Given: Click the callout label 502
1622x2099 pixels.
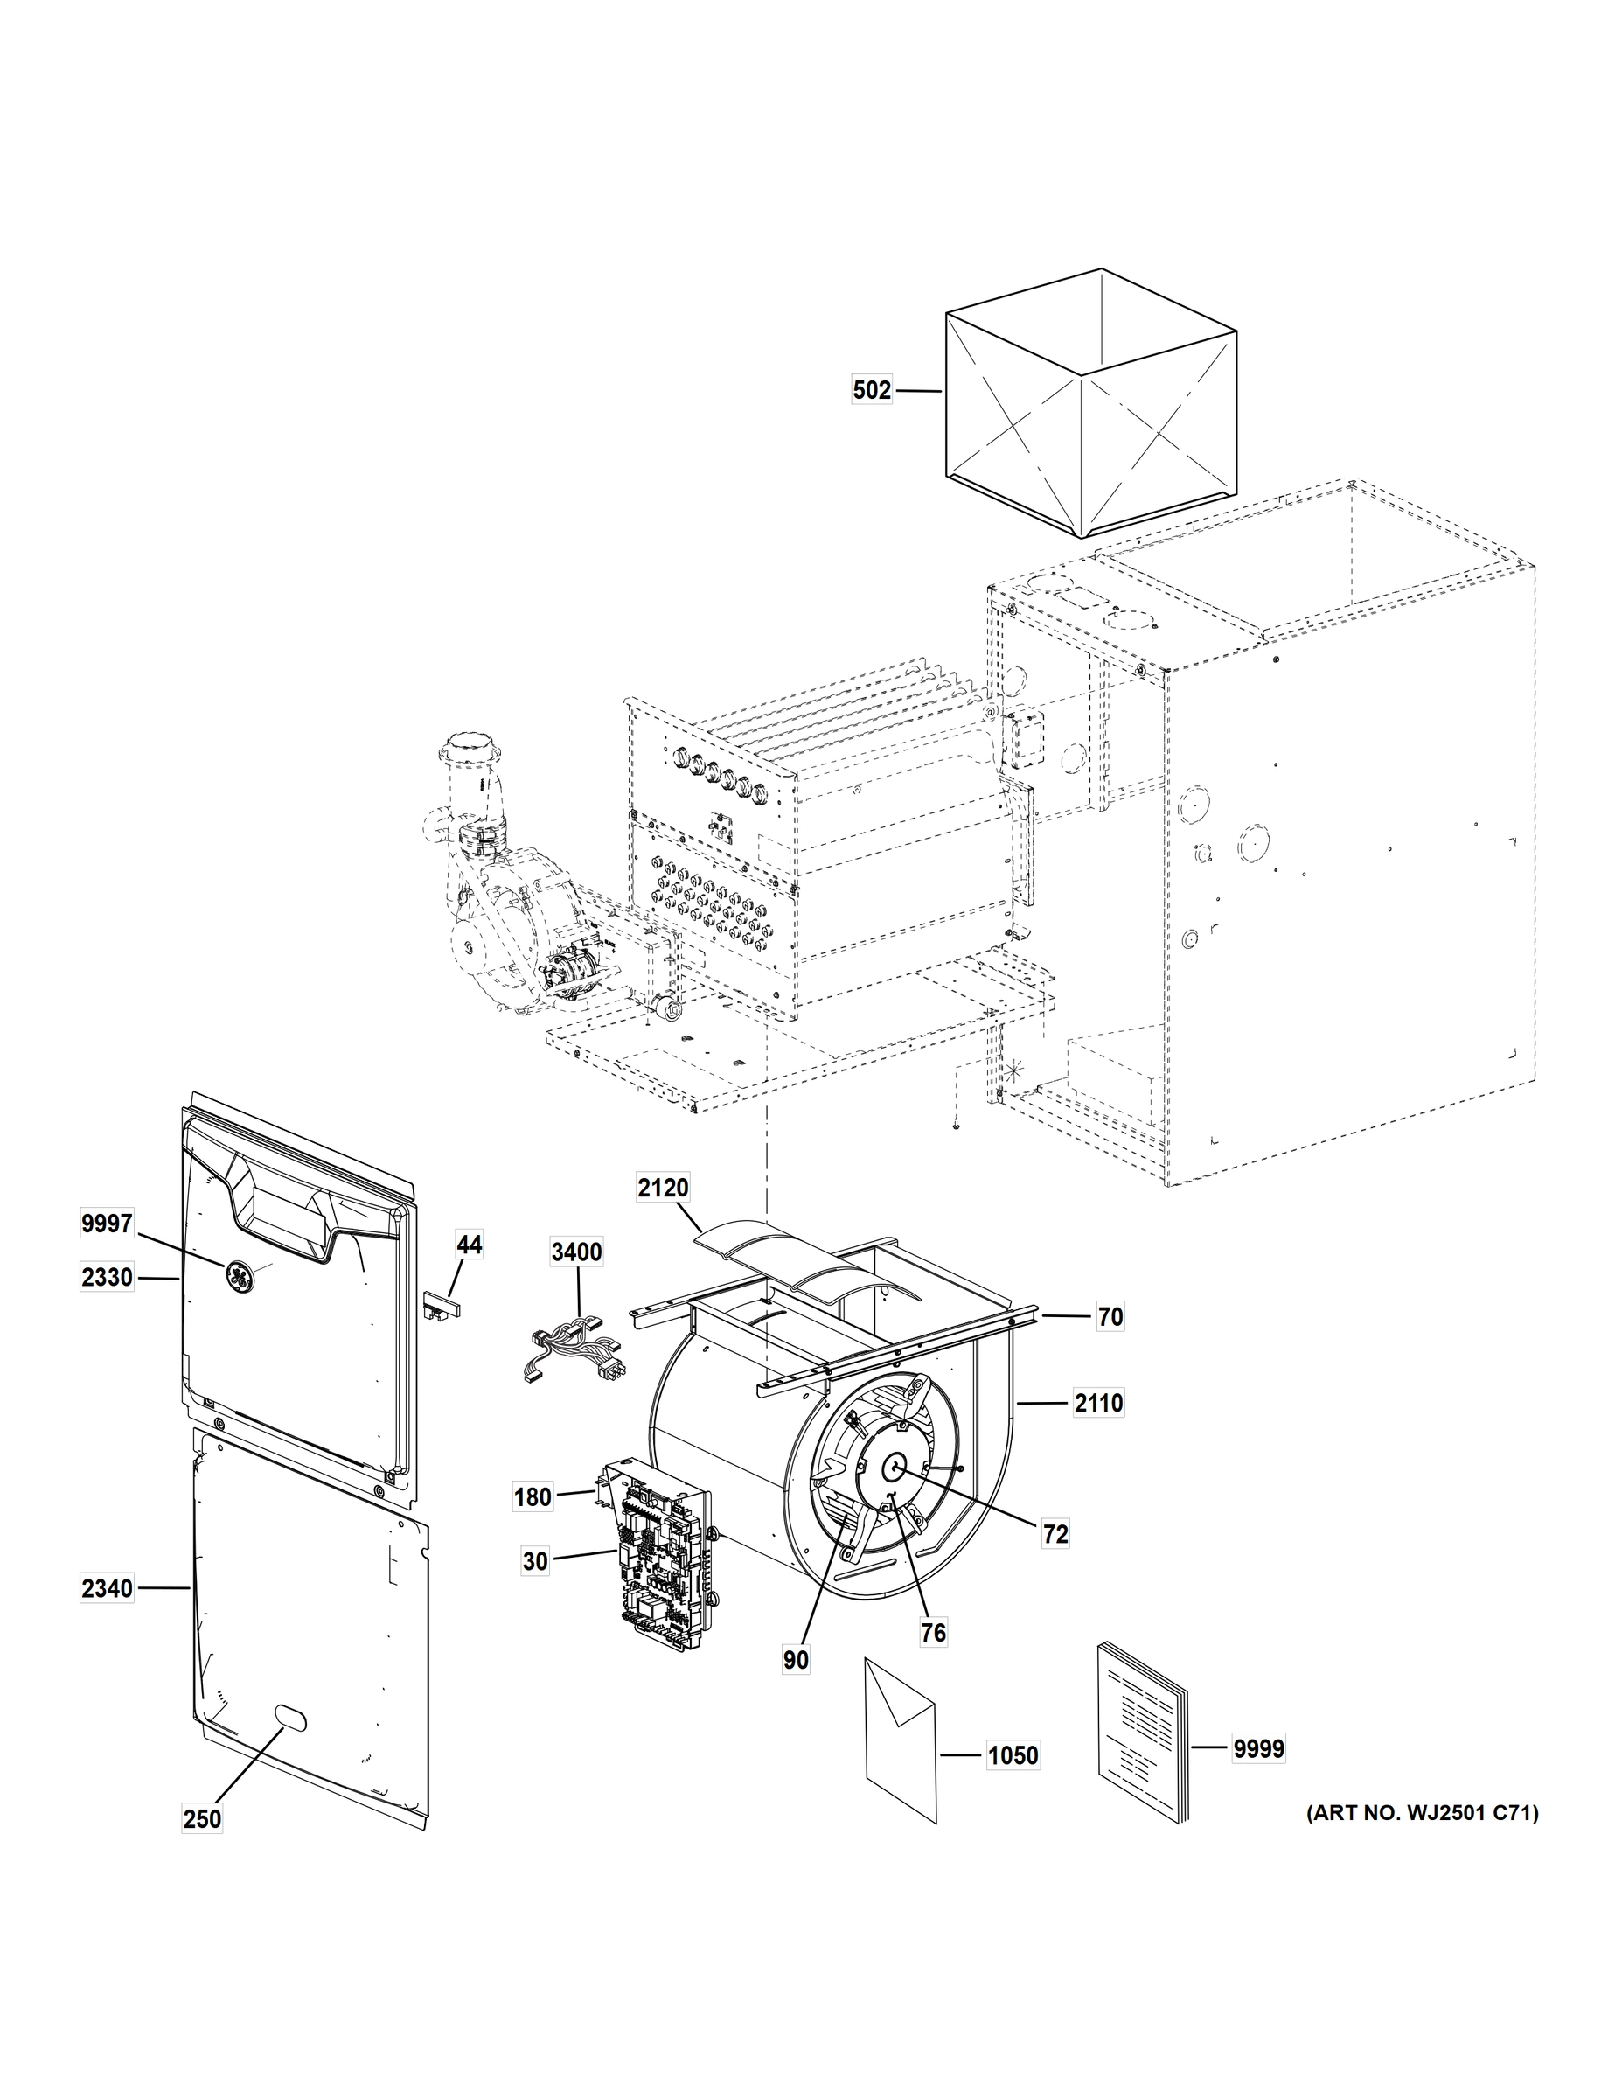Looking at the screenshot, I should point(872,390).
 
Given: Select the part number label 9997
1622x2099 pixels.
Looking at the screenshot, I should point(107,1224).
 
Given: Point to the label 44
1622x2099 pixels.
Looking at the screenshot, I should point(469,1245).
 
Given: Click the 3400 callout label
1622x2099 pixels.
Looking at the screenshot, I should point(576,1252).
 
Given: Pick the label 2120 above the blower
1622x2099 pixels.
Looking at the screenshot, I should point(663,1188).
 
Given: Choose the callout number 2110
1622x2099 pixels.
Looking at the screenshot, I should point(1098,1403).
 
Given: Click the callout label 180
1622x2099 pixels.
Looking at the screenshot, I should point(533,1496).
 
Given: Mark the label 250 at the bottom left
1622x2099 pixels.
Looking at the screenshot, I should point(202,1818).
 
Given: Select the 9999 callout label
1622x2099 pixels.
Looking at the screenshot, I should point(1259,1748).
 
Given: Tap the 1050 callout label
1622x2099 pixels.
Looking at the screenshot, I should point(1013,1755).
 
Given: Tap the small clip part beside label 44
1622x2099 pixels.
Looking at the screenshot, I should point(439,1304).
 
